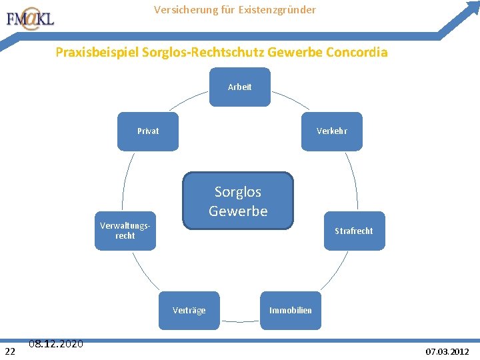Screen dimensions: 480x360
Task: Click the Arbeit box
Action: pos(240,87)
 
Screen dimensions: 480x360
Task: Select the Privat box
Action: pos(148,131)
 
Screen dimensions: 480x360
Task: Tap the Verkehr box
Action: pos(331,131)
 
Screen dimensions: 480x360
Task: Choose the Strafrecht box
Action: pos(354,231)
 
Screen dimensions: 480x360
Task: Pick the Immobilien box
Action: pos(290,310)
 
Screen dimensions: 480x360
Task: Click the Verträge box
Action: pos(189,310)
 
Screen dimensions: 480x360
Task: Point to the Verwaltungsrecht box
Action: pos(125,231)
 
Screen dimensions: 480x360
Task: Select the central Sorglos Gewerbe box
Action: pos(238,201)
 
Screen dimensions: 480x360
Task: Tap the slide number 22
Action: pos(10,351)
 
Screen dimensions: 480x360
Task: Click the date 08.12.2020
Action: pos(56,344)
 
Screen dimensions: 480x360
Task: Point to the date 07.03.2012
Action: pos(447,351)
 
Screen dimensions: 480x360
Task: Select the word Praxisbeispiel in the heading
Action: pos(97,51)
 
